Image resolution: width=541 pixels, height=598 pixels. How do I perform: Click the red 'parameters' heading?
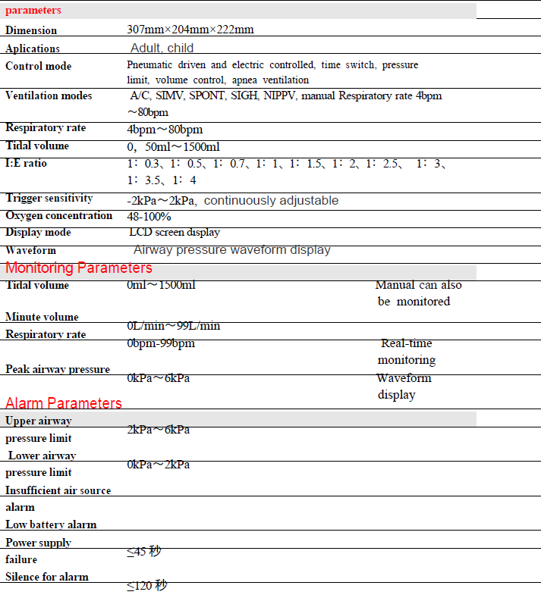click(33, 11)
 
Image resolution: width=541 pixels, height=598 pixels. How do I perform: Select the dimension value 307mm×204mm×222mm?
click(190, 30)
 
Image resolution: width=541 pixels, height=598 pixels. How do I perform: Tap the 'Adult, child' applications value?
click(162, 48)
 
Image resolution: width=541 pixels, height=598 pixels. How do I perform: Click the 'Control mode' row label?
click(39, 66)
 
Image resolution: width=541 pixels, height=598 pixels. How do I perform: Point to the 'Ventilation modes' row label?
click(49, 96)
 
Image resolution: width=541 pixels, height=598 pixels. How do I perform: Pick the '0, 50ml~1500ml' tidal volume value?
click(173, 147)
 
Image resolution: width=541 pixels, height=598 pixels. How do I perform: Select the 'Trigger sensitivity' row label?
click(49, 199)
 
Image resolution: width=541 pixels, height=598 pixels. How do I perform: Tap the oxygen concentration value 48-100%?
click(149, 217)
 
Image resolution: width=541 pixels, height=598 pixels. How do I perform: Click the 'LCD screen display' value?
click(175, 233)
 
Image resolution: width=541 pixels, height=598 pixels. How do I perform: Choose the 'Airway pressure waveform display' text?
click(232, 250)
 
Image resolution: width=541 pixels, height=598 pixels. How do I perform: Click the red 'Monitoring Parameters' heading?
click(79, 268)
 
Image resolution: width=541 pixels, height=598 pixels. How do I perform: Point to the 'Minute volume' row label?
click(42, 317)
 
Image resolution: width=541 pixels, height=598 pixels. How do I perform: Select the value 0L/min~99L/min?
click(174, 326)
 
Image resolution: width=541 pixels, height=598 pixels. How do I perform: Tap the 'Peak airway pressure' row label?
click(58, 369)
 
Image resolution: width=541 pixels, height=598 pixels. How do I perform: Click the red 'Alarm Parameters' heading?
click(64, 403)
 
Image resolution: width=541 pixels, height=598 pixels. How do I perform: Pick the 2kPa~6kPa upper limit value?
click(159, 430)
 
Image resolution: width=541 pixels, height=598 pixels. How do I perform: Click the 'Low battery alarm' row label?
click(51, 524)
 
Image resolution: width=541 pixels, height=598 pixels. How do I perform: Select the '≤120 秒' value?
click(147, 586)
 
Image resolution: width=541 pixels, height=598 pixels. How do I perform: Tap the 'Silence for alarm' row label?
click(47, 577)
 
